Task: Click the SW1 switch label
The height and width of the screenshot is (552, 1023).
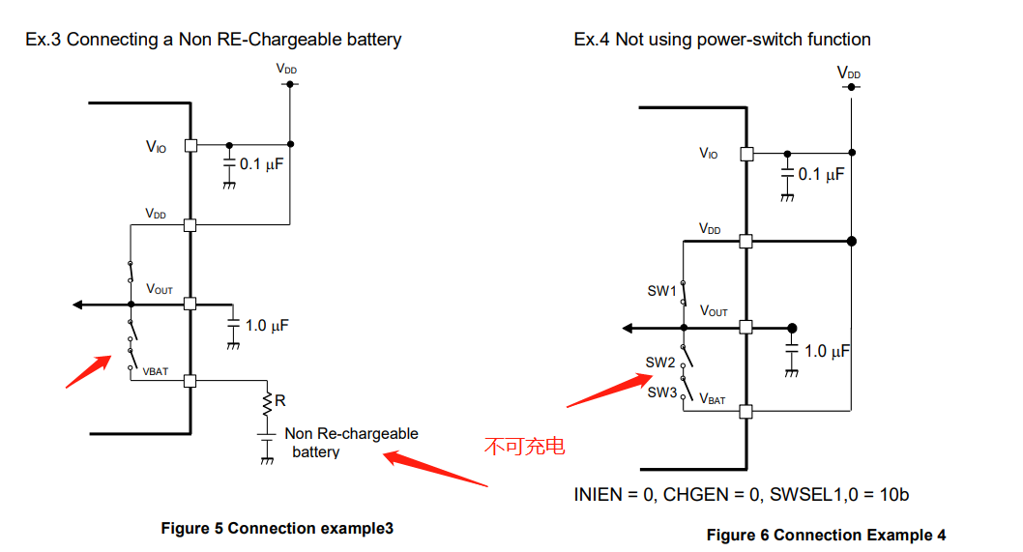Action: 660,291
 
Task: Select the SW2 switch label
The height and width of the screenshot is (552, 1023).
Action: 660,363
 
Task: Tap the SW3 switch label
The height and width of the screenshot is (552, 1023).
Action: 661,392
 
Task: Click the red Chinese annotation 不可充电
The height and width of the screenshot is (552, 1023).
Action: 523,447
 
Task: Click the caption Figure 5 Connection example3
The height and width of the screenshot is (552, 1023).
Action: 277,528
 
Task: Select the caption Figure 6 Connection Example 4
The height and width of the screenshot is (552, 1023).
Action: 826,535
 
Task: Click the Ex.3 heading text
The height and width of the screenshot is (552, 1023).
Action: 213,40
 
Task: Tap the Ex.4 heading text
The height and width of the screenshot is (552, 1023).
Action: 721,40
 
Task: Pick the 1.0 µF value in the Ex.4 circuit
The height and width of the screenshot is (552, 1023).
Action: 827,351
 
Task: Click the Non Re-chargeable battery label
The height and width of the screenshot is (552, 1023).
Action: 350,443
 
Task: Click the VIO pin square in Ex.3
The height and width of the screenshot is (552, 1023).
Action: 190,145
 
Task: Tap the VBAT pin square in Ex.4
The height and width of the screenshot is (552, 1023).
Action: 745,412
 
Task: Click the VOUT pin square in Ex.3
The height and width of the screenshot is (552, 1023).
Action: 190,304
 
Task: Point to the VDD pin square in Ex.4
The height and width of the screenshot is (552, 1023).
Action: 745,241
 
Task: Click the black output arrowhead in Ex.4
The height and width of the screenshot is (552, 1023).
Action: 628,329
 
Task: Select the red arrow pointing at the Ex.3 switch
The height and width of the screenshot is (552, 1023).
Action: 87,371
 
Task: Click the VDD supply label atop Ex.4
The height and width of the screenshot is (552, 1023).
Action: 849,73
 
